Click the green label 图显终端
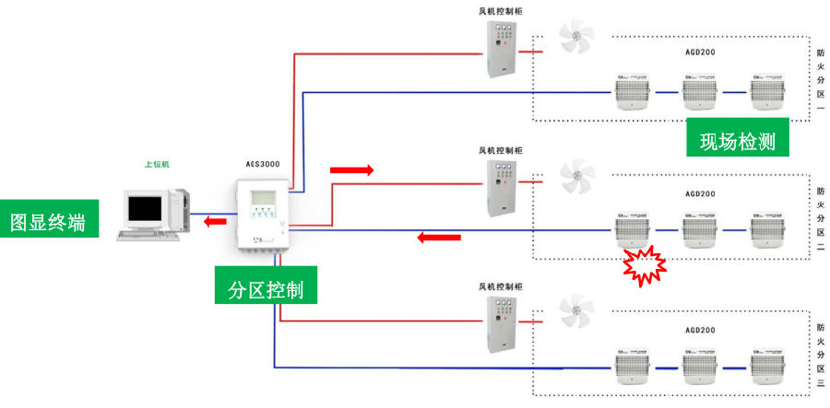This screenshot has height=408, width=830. click(x=49, y=223)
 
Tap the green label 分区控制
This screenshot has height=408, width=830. click(x=266, y=290)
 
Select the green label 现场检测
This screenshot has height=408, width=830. click(x=737, y=142)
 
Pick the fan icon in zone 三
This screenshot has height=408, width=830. click(x=577, y=313)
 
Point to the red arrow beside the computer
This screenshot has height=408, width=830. click(x=215, y=221)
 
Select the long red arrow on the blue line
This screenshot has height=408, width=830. click(x=437, y=238)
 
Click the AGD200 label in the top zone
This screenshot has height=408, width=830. click(x=701, y=54)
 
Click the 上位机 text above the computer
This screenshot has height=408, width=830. click(x=157, y=165)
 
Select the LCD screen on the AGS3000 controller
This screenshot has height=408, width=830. click(x=264, y=198)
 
